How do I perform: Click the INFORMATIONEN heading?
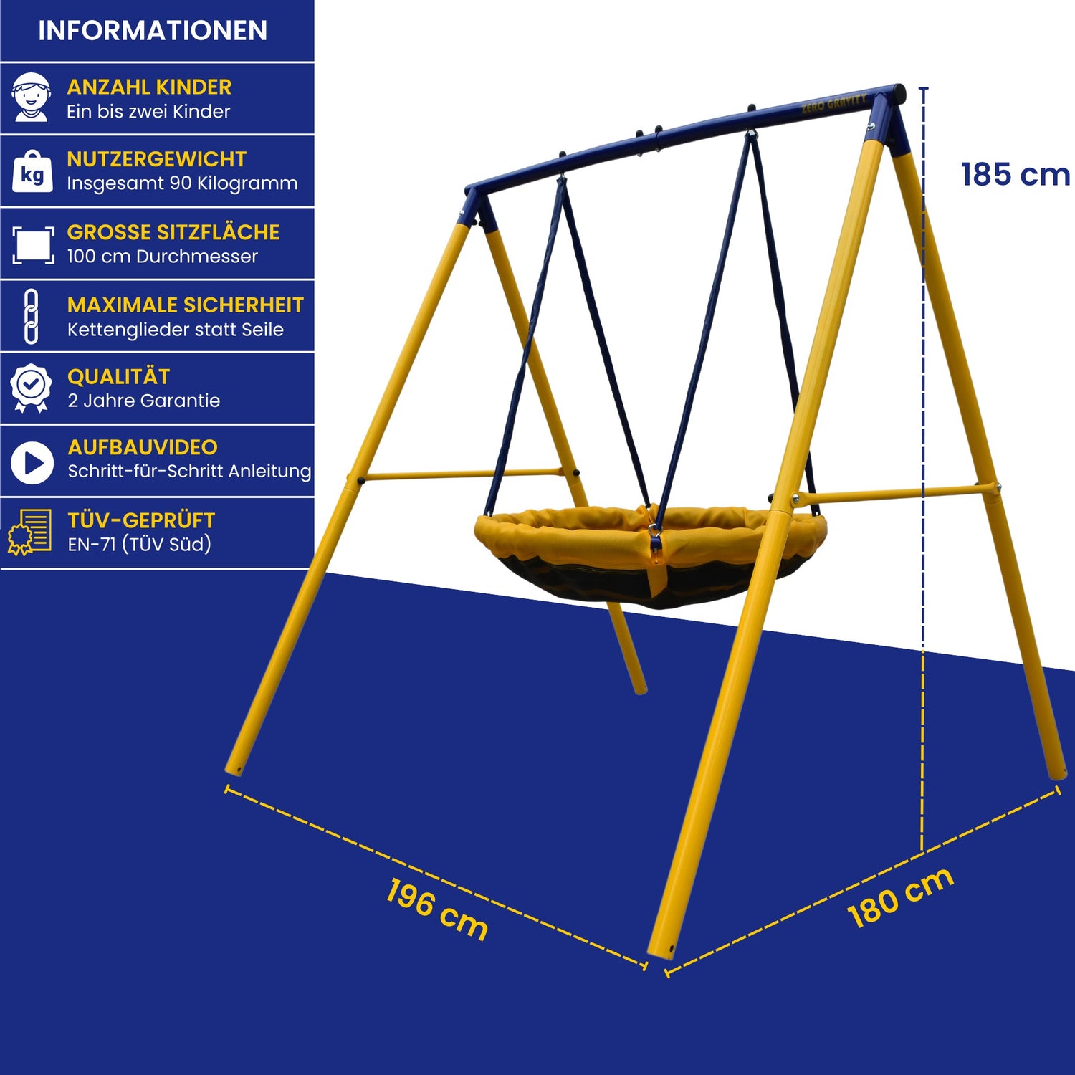(x=153, y=31)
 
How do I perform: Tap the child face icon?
(x=32, y=97)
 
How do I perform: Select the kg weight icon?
(x=32, y=172)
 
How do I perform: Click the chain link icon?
(x=31, y=317)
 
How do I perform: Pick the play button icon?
(x=32, y=462)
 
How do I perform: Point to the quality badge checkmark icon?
(x=31, y=388)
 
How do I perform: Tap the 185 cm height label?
(x=1016, y=175)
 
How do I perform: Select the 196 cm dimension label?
(x=437, y=909)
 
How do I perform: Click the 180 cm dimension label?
(x=900, y=897)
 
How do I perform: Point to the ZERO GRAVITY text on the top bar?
(x=834, y=103)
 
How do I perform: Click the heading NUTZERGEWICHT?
(x=157, y=159)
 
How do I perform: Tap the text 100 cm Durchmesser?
(x=163, y=257)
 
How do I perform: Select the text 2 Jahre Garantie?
(x=144, y=401)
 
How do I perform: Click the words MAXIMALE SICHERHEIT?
(x=186, y=305)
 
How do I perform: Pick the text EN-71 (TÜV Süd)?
(x=140, y=544)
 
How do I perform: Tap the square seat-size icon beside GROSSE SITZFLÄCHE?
(x=33, y=245)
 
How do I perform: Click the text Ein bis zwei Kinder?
(x=149, y=112)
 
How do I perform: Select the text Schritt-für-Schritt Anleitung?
(x=190, y=471)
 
